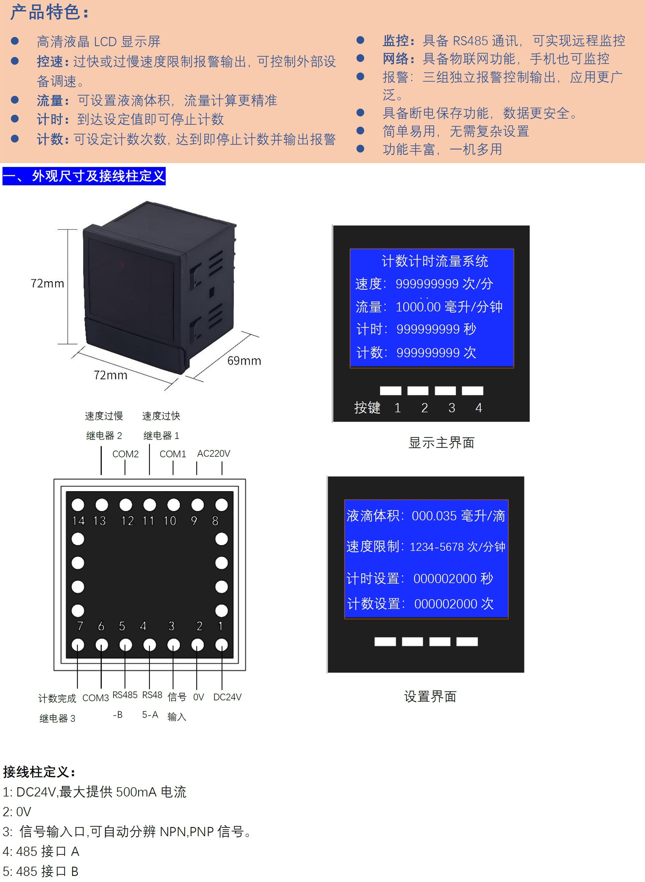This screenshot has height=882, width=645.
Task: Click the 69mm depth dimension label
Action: click(x=244, y=361)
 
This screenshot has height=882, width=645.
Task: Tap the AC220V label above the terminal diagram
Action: click(x=213, y=453)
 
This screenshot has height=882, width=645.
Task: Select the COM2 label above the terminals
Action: click(x=125, y=454)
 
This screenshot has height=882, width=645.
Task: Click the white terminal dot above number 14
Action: click(x=78, y=505)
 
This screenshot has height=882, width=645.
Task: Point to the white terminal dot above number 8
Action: click(x=221, y=505)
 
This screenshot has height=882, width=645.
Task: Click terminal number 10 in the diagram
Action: click(x=170, y=521)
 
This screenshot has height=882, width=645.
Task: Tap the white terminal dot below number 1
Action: click(x=221, y=645)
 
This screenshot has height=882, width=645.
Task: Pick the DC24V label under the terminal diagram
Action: click(x=227, y=697)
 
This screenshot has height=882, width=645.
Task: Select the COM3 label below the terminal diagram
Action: click(x=96, y=698)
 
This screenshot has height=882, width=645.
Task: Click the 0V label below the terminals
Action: click(x=198, y=697)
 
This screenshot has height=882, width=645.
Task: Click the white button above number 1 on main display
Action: click(x=391, y=391)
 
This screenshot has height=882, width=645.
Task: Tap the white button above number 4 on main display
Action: click(x=472, y=391)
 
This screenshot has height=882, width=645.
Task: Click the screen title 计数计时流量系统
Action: click(x=434, y=261)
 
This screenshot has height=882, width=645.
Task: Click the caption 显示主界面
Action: click(x=441, y=443)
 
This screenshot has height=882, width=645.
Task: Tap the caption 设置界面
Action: click(x=430, y=696)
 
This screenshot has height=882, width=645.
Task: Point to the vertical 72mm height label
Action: click(x=47, y=283)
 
